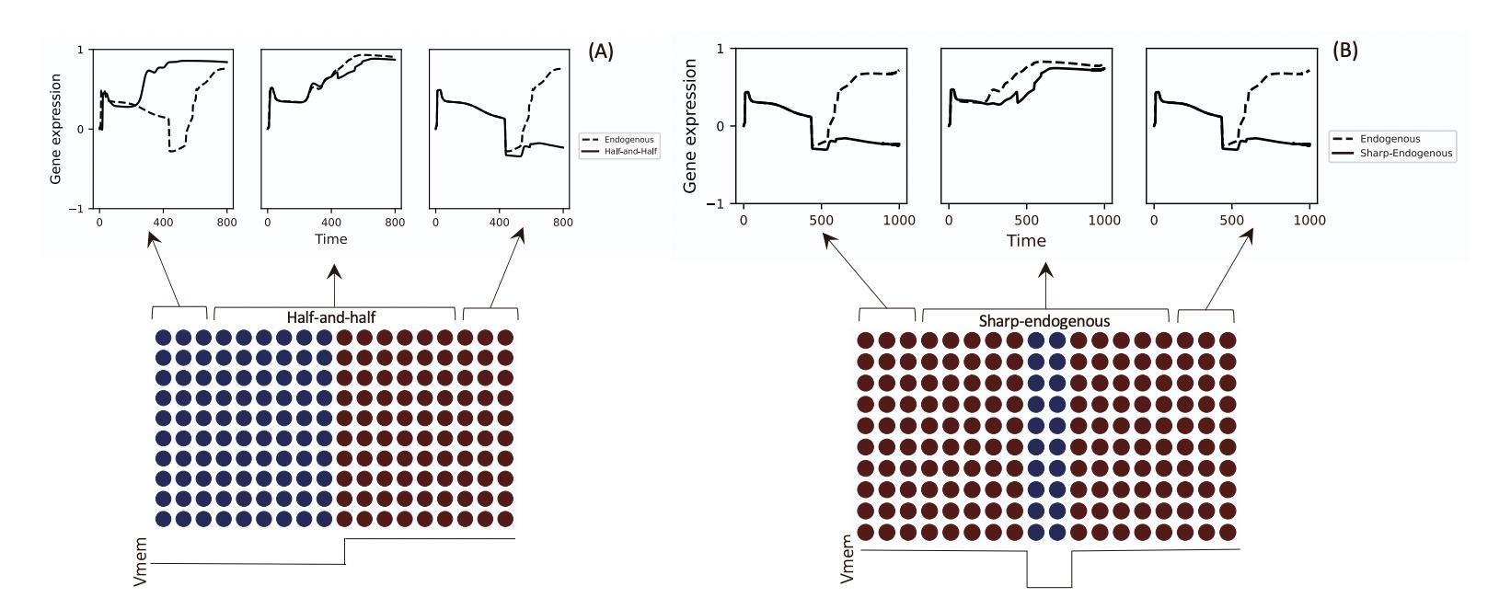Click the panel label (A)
(x=601, y=52)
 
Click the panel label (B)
(x=1344, y=50)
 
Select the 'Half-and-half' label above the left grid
(x=331, y=317)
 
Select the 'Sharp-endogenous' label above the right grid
(x=1044, y=321)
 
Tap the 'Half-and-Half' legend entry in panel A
(x=630, y=151)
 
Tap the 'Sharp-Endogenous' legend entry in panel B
(x=1406, y=154)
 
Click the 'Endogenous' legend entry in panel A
(x=629, y=140)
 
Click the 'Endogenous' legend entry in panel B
(x=1390, y=139)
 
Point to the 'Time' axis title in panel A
(x=331, y=239)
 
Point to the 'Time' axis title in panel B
(x=1026, y=241)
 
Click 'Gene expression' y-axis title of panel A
(x=56, y=129)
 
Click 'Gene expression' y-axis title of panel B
(x=690, y=126)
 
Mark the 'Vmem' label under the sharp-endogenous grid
(x=848, y=559)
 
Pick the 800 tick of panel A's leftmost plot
(x=226, y=222)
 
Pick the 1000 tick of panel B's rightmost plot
(x=1309, y=221)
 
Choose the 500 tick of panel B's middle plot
(x=1026, y=221)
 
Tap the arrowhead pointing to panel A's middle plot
(x=334, y=270)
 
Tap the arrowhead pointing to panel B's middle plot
(x=1045, y=270)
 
